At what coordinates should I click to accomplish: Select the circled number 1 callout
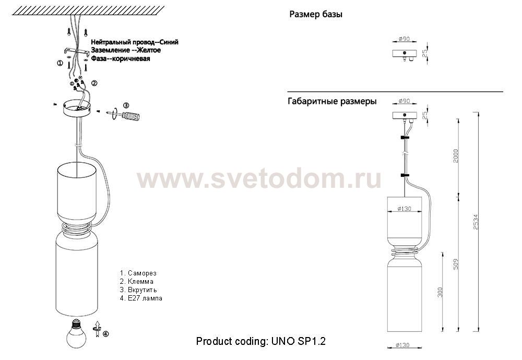60,63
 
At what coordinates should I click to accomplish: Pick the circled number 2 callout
94,83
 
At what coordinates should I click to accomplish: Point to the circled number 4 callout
105,334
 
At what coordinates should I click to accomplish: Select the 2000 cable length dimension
456,156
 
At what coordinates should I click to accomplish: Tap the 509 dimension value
456,264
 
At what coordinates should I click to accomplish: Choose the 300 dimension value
440,292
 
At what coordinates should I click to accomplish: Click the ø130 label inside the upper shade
404,209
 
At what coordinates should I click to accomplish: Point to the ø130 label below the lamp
402,345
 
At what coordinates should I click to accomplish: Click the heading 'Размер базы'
316,14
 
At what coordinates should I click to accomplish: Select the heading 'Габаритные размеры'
332,101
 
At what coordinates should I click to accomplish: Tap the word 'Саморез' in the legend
142,273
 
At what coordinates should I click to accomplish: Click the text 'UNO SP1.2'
298,341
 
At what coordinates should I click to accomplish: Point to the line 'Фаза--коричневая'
121,58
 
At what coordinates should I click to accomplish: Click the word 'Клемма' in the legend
140,282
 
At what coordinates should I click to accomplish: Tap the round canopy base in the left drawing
77,108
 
